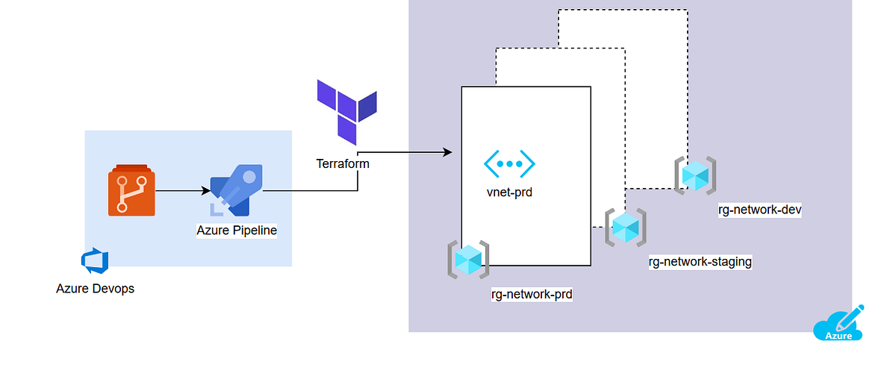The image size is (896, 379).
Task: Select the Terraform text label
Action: [343, 163]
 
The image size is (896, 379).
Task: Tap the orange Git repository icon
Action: [131, 191]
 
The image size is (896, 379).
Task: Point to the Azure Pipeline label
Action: [237, 231]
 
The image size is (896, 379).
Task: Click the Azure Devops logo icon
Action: [96, 261]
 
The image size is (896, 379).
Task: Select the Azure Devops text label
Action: [96, 288]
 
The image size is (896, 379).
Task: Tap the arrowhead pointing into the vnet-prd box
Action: [448, 152]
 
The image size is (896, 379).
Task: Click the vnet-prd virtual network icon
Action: [509, 163]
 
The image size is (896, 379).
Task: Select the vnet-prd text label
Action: [509, 192]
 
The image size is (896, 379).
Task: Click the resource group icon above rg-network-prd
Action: [468, 260]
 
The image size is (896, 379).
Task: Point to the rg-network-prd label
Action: [532, 295]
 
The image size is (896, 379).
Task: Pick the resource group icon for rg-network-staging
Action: [625, 228]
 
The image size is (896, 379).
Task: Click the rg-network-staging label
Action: [700, 262]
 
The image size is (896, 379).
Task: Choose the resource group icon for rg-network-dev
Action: [695, 176]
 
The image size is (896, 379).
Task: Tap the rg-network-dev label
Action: [760, 210]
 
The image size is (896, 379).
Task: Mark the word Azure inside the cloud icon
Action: [838, 336]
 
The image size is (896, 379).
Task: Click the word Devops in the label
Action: [114, 288]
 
